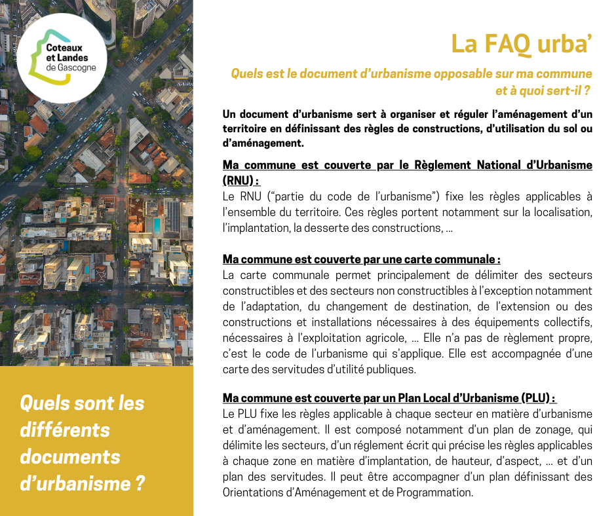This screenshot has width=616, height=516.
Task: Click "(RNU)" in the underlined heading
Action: [x=241, y=180]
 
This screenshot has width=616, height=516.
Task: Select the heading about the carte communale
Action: [x=361, y=259]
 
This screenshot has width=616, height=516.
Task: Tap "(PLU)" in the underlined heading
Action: [x=538, y=397]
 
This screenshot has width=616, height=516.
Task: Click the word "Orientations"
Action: [x=254, y=492]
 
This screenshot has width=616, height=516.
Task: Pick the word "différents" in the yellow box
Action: [x=65, y=430]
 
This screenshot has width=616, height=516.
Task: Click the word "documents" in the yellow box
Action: [x=69, y=456]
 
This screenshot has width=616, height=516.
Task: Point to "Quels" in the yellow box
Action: [x=44, y=403]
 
